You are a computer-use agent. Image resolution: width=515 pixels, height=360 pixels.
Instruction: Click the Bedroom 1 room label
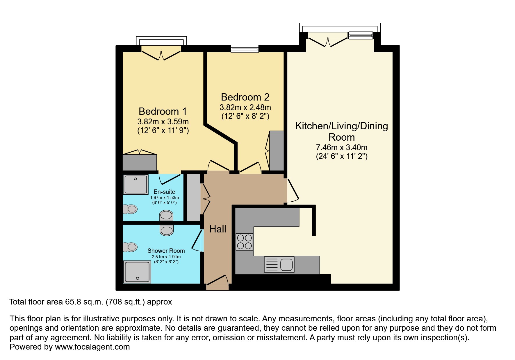(163, 111)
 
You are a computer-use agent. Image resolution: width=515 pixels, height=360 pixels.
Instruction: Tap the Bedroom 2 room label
(245, 97)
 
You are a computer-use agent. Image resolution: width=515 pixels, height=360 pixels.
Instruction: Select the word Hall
(218, 229)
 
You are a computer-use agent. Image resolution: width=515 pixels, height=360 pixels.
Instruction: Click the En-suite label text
(164, 192)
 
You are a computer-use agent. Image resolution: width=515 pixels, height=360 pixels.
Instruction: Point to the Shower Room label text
(166, 251)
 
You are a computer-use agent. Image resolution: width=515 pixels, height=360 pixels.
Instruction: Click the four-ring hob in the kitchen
(244, 242)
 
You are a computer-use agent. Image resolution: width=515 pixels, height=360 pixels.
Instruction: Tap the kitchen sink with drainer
(279, 264)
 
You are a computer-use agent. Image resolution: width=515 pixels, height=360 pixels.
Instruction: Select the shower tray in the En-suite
(136, 184)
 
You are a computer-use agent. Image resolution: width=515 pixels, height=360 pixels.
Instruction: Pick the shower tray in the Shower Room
(137, 272)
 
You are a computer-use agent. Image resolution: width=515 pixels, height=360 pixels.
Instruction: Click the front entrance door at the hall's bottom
(217, 283)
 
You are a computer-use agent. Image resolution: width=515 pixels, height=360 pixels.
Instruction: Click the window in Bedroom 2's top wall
(245, 49)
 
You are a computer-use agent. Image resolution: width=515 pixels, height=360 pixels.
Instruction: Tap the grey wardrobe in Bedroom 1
(140, 162)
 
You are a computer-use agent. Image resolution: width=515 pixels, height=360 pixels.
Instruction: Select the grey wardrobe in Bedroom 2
(277, 151)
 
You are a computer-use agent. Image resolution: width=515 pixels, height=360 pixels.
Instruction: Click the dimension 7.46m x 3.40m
(342, 147)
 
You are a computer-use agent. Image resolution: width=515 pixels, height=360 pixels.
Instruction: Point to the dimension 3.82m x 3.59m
(163, 121)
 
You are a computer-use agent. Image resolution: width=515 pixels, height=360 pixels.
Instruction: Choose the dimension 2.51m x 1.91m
(166, 257)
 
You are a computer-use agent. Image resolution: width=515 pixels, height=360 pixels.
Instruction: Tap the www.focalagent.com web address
(92, 347)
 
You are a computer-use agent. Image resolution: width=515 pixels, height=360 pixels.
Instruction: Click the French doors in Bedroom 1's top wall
(161, 53)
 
